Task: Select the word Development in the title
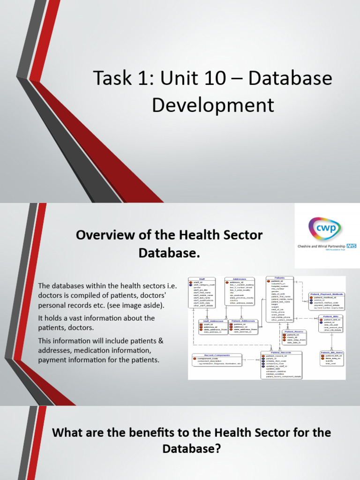[x=213, y=105]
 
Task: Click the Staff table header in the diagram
[x=202, y=278]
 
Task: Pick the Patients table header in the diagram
[x=280, y=277]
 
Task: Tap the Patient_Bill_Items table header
[x=332, y=352]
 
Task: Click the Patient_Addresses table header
[x=243, y=321]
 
